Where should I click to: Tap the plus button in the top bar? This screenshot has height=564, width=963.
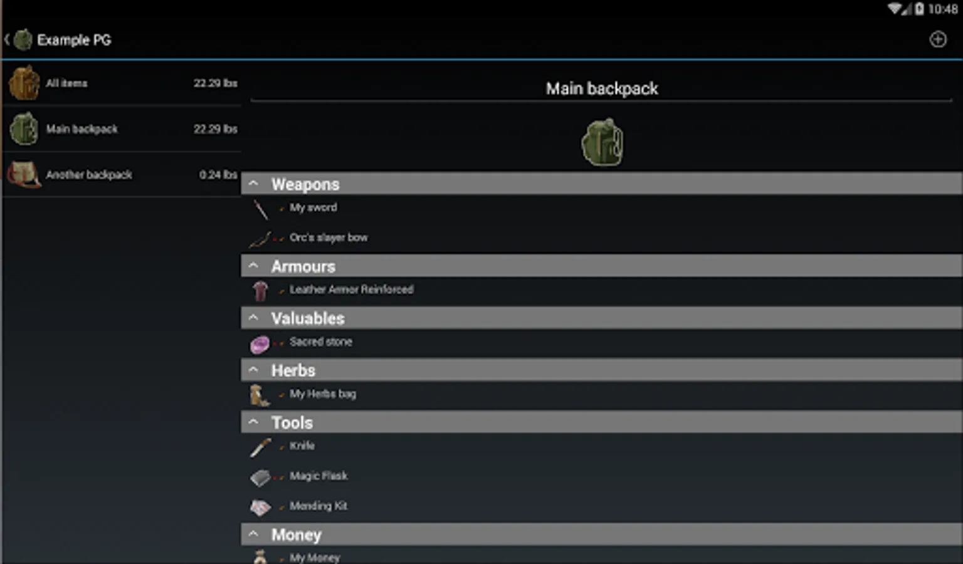938,39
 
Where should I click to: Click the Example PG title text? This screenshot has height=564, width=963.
74,40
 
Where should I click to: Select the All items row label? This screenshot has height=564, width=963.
66,83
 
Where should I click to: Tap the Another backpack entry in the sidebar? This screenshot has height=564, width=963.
89,175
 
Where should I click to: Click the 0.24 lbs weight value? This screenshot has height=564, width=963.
218,175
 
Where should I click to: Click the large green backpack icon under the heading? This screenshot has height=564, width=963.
602,142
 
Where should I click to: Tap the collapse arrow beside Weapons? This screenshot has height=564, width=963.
253,184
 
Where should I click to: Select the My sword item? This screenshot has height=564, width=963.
313,207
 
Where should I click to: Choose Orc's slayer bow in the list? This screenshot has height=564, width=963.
329,238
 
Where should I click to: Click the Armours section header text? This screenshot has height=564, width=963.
303,266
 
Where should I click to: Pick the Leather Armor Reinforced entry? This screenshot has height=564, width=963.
352,290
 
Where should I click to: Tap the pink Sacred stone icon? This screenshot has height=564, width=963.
260,345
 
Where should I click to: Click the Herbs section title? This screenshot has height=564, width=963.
293,370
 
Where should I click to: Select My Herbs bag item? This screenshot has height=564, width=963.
323,394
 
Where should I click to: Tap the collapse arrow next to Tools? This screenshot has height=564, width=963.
253,422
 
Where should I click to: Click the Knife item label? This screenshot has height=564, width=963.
302,446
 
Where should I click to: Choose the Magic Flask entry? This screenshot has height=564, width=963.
318,476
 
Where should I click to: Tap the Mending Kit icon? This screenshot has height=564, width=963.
260,508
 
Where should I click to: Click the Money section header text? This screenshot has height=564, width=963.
296,535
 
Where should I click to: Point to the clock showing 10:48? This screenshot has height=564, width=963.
943,9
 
